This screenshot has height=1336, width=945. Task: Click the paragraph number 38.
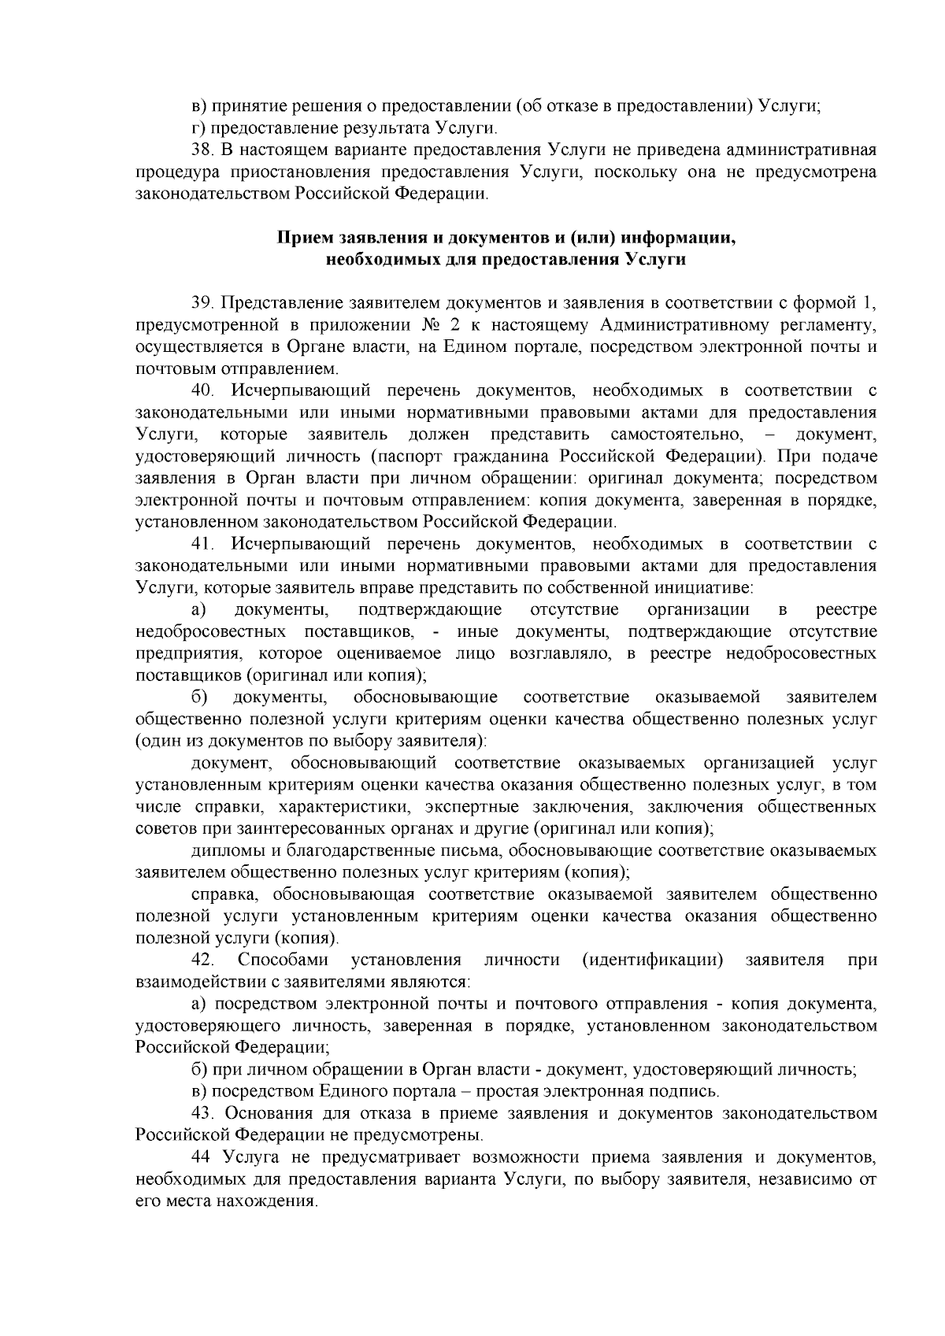(x=202, y=150)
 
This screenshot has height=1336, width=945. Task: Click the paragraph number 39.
(x=202, y=302)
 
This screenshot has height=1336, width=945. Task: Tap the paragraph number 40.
(x=202, y=390)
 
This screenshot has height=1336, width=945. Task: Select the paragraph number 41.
(x=202, y=544)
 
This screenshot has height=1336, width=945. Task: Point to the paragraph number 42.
(x=202, y=960)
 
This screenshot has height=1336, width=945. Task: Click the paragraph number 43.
(x=202, y=1113)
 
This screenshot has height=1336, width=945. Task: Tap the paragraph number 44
(x=202, y=1157)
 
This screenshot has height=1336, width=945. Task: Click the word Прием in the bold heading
(x=299, y=237)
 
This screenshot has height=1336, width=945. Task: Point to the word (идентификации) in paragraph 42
(x=652, y=960)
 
